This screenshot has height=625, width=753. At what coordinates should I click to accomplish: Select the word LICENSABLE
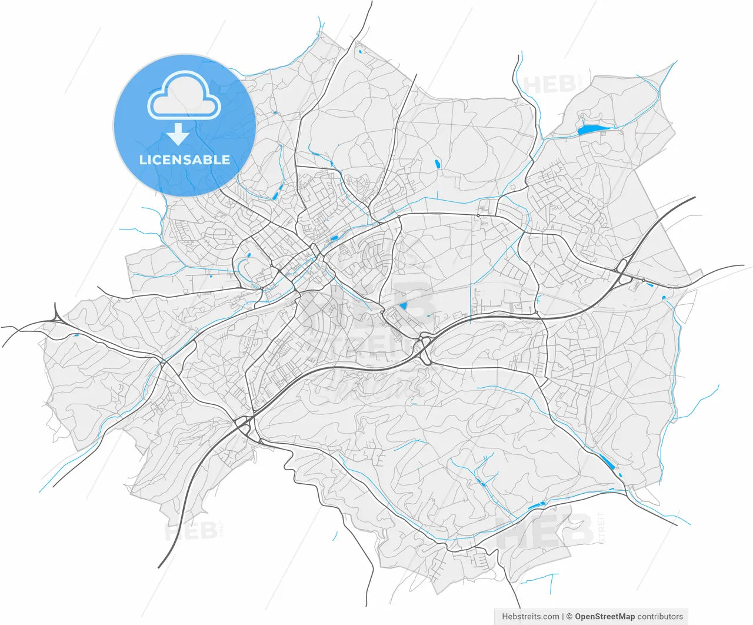coord(185,159)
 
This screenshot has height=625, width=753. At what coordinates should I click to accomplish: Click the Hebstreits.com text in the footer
coord(531,617)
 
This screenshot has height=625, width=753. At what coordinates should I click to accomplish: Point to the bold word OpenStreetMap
coord(605,617)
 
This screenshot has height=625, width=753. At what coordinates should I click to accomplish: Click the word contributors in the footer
coord(660,617)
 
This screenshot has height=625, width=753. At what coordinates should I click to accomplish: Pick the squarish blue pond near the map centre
coord(404,306)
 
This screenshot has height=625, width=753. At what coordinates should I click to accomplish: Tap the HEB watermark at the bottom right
coord(544,531)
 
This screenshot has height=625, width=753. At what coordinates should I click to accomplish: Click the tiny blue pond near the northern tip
coord(359,52)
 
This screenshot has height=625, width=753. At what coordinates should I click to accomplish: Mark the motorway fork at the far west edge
coord(57,318)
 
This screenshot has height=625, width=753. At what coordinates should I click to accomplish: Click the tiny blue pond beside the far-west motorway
coord(76,336)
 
